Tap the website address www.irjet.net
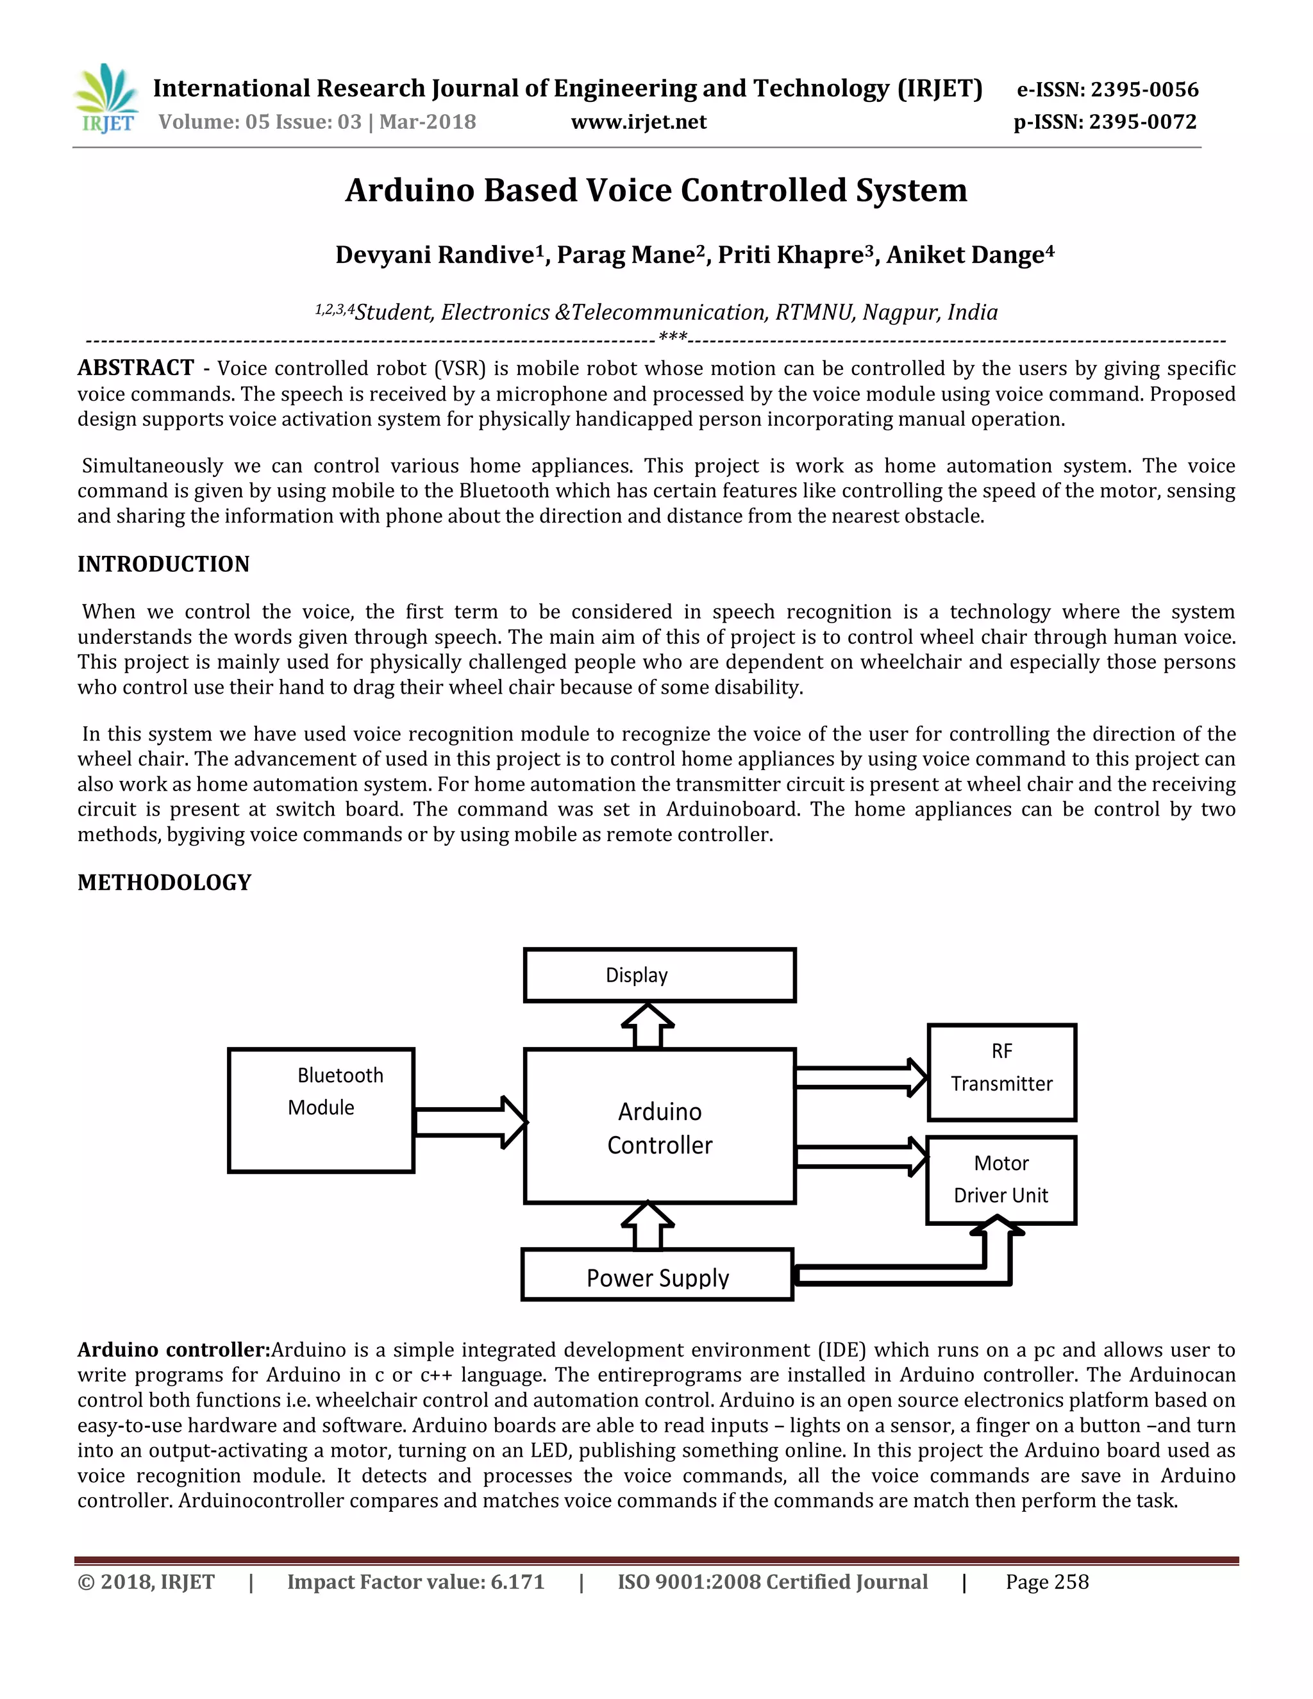(x=639, y=122)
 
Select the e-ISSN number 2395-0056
(x=1144, y=90)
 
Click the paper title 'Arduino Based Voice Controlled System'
(x=656, y=190)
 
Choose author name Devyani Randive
(x=435, y=255)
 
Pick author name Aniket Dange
(x=969, y=255)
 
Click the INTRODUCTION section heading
(x=163, y=564)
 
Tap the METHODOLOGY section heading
(x=164, y=882)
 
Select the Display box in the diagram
(x=660, y=975)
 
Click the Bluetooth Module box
(x=321, y=1110)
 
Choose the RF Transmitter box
(x=1002, y=1072)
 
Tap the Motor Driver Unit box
(x=1001, y=1180)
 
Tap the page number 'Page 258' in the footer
(x=1047, y=1582)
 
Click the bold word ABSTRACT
(x=135, y=368)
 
